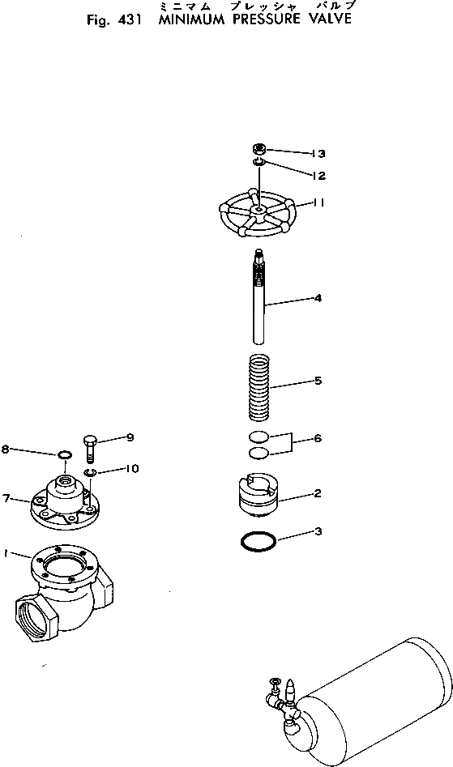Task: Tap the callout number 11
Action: point(318,203)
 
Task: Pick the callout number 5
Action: point(318,380)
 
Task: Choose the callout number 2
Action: point(318,492)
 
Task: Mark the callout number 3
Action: point(318,531)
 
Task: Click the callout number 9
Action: point(129,437)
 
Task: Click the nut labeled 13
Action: point(259,150)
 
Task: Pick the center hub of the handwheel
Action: point(256,211)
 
